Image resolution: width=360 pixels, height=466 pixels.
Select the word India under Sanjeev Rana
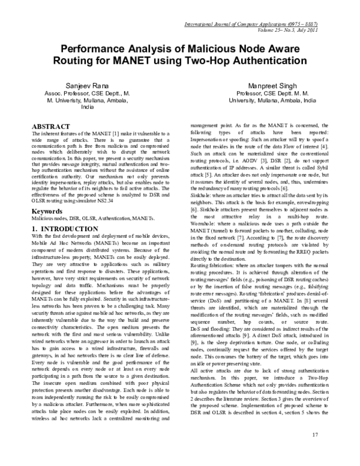[88, 112]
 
